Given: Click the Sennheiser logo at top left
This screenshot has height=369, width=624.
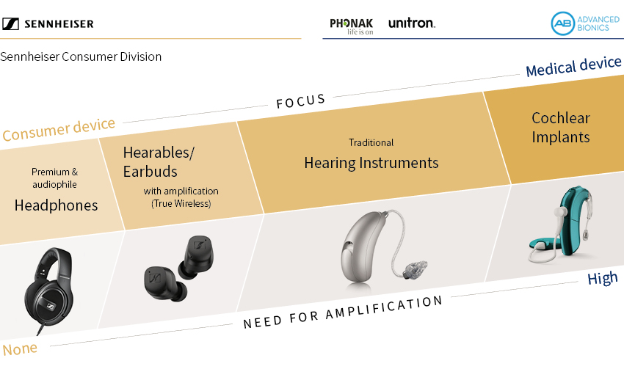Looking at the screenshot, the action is [48, 24].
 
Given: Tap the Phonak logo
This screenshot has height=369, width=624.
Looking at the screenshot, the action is [352, 26].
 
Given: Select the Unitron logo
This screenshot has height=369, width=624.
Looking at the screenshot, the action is [412, 23].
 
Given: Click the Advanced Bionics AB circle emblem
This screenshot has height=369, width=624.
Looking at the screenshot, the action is [563, 23].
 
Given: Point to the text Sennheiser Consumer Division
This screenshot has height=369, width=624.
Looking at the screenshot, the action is [81, 56].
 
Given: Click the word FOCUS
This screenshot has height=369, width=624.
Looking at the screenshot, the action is [301, 101].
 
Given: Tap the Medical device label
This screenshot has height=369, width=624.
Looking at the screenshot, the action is [573, 66].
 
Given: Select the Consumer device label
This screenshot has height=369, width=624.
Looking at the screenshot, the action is [59, 129].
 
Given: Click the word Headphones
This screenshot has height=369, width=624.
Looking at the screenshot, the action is [56, 205].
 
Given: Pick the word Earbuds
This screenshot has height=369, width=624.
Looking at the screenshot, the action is [150, 172].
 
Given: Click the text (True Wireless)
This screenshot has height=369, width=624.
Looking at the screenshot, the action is [181, 204].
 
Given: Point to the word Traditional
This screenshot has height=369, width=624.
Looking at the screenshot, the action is [371, 142].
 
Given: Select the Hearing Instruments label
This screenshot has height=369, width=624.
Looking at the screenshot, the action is [371, 163].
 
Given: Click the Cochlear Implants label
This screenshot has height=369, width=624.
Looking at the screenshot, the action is [561, 127].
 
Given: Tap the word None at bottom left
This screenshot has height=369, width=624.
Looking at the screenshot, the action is [20, 348].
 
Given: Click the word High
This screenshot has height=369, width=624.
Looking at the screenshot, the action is [603, 278].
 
